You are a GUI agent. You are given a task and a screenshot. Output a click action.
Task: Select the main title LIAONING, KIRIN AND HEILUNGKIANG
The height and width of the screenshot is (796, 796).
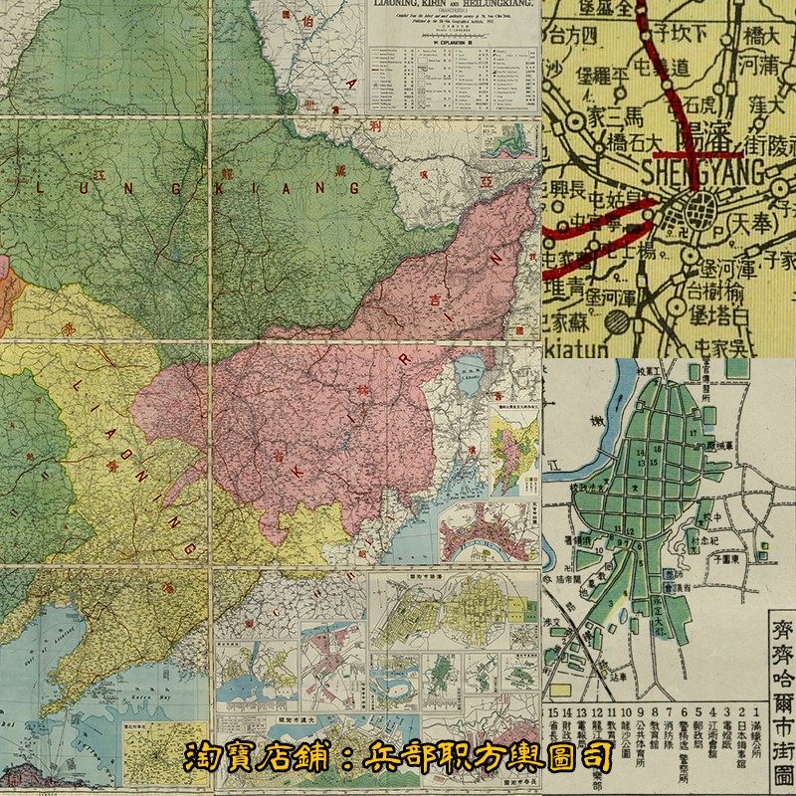click(x=453, y=8)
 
